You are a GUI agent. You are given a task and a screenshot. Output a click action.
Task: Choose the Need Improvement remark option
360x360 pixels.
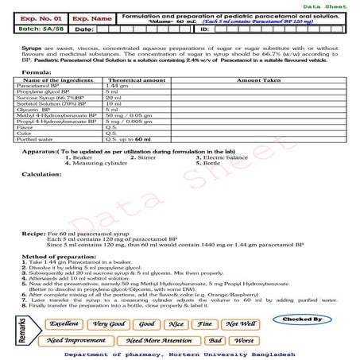(76, 339)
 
